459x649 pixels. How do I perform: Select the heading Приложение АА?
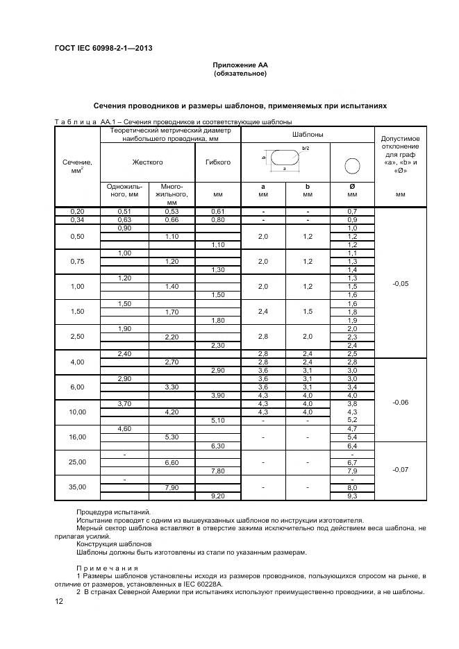pyautogui.click(x=240, y=65)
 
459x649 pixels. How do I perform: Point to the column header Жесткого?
pyautogui.click(x=147, y=162)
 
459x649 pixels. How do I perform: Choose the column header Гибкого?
pyautogui.click(x=217, y=162)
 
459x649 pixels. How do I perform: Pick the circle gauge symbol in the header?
pyautogui.click(x=351, y=165)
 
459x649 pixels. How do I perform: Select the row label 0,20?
pyautogui.click(x=77, y=211)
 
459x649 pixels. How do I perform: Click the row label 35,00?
pyautogui.click(x=77, y=487)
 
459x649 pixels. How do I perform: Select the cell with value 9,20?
pyautogui.click(x=217, y=495)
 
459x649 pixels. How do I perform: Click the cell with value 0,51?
pyautogui.click(x=124, y=211)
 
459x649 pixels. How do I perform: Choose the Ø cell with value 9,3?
pyautogui.click(x=351, y=495)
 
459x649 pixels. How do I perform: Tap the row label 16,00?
pyautogui.click(x=77, y=437)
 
